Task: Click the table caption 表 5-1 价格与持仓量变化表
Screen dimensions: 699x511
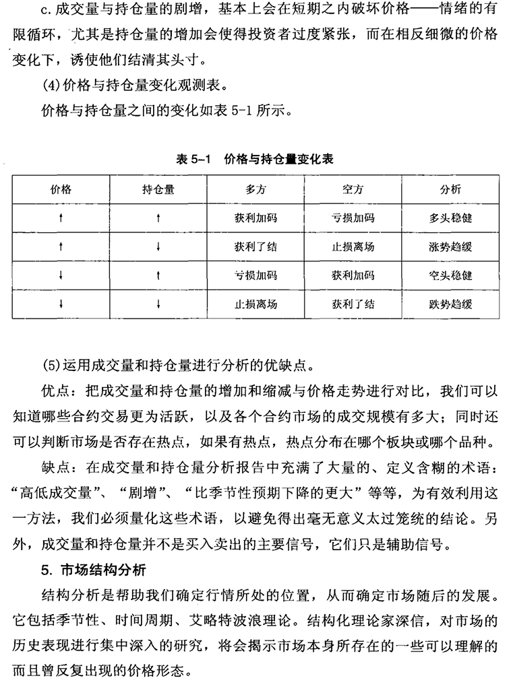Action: coord(254,160)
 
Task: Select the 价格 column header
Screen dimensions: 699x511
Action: coord(61,189)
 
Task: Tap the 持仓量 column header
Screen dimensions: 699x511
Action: coord(158,189)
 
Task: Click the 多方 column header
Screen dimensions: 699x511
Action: coord(255,189)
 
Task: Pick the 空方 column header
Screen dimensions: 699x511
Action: coord(353,189)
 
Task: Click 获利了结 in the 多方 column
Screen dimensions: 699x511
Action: coord(255,246)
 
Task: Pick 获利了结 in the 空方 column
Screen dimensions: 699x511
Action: coord(353,304)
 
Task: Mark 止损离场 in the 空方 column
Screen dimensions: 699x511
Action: coord(353,246)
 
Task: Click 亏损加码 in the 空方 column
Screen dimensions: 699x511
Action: coord(353,218)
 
